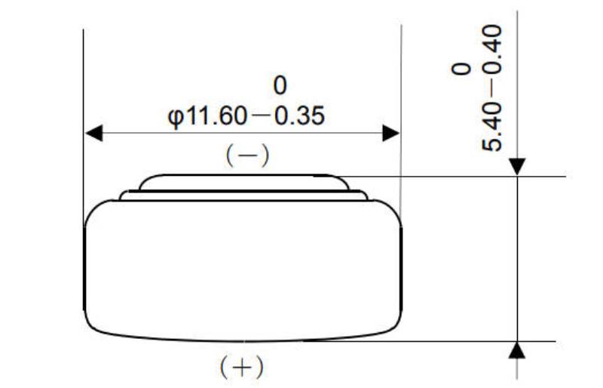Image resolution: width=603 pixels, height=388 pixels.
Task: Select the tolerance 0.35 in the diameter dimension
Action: coord(298,117)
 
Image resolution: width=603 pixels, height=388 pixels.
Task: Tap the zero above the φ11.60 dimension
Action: coord(280,84)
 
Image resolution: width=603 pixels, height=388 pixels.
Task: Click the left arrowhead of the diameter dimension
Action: coord(93,134)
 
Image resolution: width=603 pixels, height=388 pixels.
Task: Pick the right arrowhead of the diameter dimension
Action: coord(390,134)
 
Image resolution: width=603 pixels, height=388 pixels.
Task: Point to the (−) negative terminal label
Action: coord(247,156)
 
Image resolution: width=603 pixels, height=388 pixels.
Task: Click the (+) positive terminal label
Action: coord(241,368)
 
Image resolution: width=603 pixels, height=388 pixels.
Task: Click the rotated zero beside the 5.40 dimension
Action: coord(461,69)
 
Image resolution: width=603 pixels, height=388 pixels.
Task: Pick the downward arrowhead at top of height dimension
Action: coord(517,167)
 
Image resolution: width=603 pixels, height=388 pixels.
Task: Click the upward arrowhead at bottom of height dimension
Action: coord(517,350)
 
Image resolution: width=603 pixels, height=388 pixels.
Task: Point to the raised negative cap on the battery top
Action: coord(243,182)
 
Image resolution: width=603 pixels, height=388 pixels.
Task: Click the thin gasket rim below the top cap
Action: coord(243,196)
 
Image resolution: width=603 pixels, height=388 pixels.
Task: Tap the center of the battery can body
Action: coord(242,268)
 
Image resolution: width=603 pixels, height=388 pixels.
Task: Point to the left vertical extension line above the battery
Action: coord(83,113)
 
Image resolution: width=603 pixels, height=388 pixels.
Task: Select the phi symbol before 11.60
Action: coord(176,118)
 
